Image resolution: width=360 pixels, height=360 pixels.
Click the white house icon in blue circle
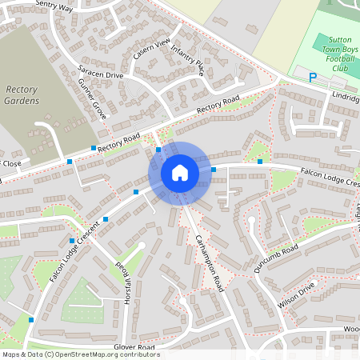180,173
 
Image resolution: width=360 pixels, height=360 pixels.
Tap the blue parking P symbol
314,78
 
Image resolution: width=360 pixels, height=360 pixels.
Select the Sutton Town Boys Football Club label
329,54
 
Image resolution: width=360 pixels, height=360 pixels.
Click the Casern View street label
152,48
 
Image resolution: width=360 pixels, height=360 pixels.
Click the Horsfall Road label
122,277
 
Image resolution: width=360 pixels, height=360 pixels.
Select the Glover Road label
134,347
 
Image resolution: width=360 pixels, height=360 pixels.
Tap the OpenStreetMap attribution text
81,354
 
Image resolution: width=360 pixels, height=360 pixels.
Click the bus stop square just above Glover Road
31,320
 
